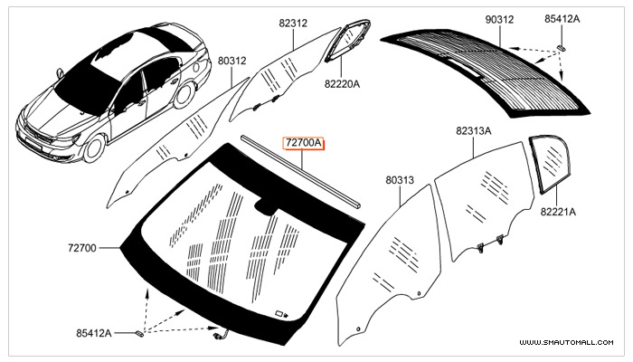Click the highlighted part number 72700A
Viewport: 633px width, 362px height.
303,143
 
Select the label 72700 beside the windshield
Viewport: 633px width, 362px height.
82,248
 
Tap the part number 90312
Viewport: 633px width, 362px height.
499,19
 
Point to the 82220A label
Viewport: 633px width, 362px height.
342,84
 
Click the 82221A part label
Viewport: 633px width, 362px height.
558,211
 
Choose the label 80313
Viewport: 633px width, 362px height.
400,180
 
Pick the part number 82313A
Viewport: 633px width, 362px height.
474,131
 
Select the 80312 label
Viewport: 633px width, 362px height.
232,61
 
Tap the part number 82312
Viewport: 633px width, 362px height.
293,23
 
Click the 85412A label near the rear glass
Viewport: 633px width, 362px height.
562,19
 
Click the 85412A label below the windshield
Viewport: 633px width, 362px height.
94,333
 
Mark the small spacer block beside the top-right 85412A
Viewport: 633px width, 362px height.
562,48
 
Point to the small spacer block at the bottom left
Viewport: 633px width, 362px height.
139,333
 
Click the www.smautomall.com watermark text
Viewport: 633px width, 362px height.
566,342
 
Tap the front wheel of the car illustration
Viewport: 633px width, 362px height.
94,148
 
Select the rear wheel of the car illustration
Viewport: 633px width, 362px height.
184,94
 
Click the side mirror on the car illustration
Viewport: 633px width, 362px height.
60,72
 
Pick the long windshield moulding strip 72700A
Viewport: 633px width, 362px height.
301,172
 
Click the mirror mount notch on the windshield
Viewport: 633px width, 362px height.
266,205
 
